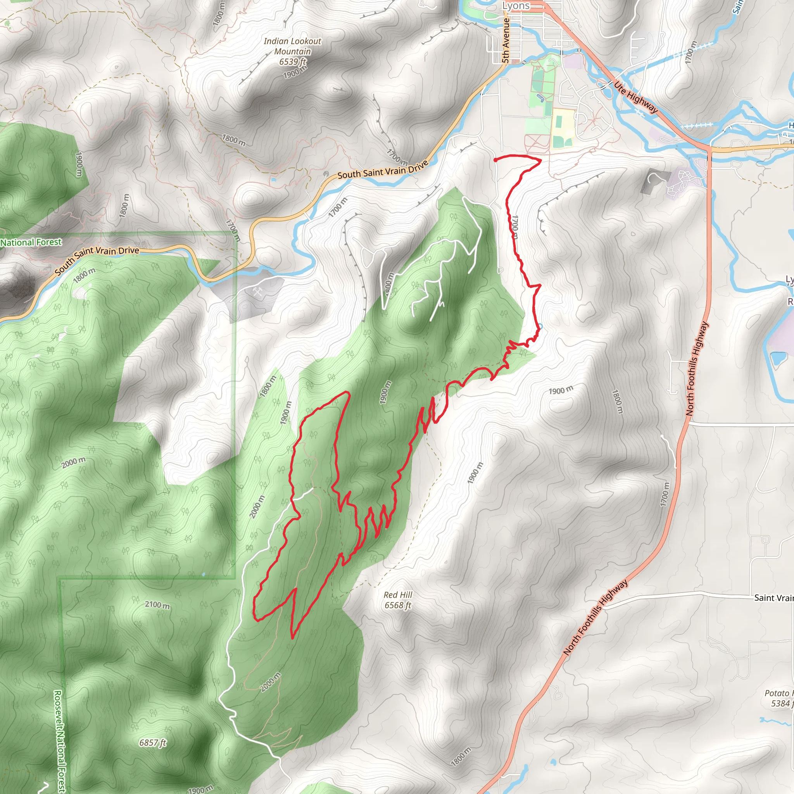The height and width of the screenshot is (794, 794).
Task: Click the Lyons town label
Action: (x=516, y=6)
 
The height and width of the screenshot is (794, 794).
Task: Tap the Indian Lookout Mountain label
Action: (x=292, y=46)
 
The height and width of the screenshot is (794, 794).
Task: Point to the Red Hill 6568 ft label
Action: (x=397, y=600)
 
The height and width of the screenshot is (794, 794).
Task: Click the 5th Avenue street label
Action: (x=506, y=40)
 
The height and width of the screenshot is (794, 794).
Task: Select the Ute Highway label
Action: (x=636, y=97)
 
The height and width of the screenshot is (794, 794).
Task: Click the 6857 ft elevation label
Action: (x=152, y=742)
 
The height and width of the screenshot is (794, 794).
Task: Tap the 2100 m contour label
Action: (x=157, y=605)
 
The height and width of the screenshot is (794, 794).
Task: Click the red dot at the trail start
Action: (x=495, y=159)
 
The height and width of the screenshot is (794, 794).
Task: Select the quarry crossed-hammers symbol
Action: (x=258, y=292)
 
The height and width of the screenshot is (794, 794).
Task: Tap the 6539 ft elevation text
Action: (x=292, y=62)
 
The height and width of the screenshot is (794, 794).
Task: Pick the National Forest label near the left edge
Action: (x=31, y=242)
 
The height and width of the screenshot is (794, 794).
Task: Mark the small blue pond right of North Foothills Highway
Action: (x=778, y=359)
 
